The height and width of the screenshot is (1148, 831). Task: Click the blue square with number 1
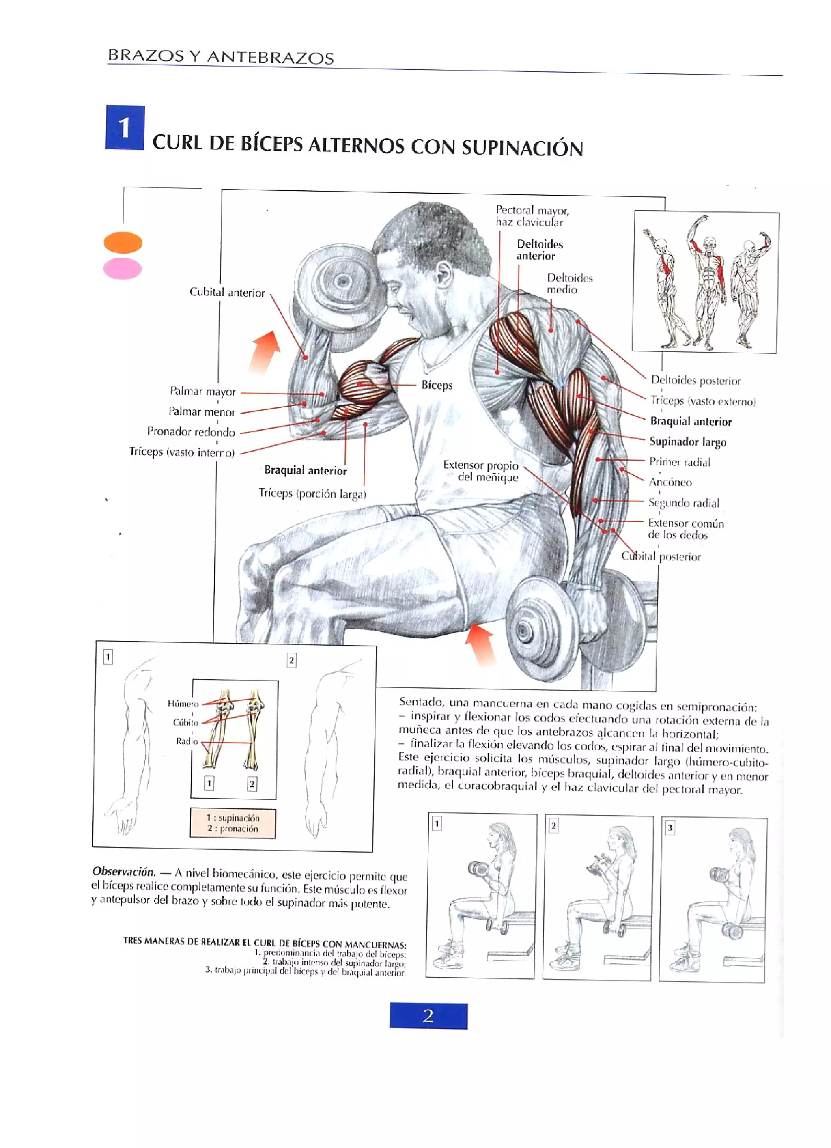click(x=125, y=127)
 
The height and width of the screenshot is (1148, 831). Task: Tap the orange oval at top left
click(x=123, y=242)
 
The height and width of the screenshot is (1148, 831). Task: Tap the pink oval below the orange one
click(x=123, y=269)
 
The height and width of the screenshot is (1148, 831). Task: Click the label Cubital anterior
click(x=227, y=292)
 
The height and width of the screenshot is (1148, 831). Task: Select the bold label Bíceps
click(x=437, y=385)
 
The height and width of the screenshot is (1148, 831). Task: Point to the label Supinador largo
click(x=687, y=442)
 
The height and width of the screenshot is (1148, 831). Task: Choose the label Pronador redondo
click(x=191, y=432)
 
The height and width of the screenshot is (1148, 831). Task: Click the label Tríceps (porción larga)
click(x=312, y=493)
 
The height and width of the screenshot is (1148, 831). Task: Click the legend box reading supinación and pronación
click(x=233, y=823)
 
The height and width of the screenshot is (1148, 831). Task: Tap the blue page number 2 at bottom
click(x=428, y=1016)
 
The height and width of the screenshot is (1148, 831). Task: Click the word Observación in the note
click(x=123, y=872)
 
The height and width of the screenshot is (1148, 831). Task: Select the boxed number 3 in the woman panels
click(x=670, y=827)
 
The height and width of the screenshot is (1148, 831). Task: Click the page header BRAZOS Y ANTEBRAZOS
click(x=221, y=56)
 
